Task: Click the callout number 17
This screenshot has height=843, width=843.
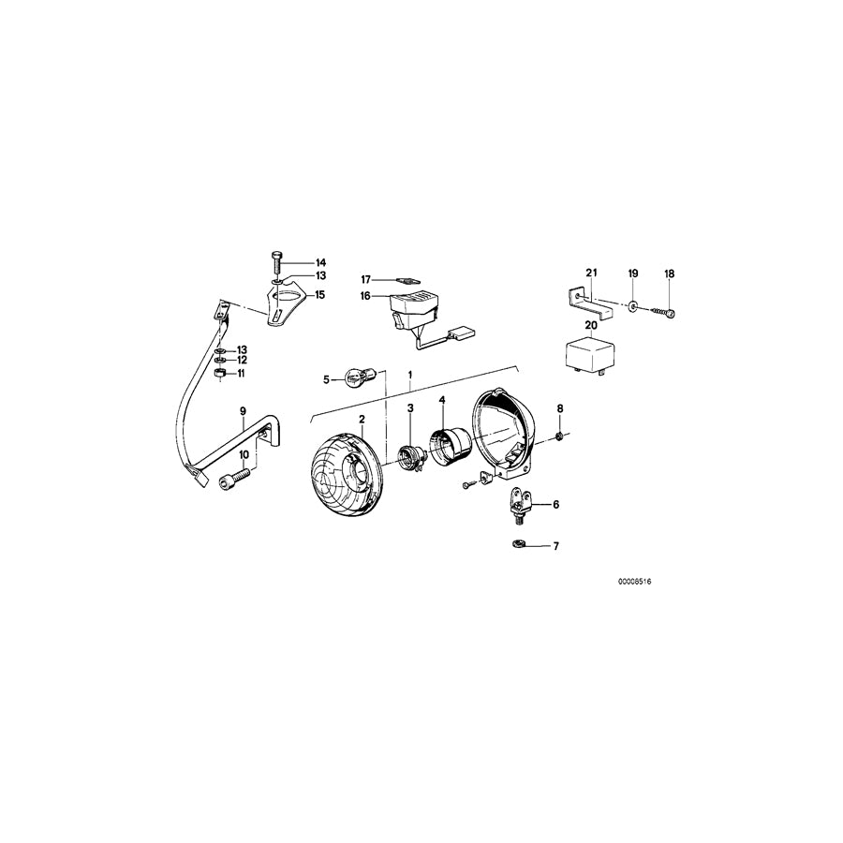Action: click(x=367, y=279)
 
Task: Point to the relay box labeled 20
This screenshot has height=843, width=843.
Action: click(x=589, y=355)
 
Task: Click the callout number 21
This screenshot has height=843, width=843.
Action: click(x=591, y=273)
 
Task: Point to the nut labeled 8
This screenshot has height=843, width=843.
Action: click(x=559, y=436)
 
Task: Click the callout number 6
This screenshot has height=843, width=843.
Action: click(x=555, y=505)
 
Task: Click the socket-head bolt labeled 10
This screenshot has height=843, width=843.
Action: click(x=229, y=481)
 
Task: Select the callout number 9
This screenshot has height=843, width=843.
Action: click(x=242, y=411)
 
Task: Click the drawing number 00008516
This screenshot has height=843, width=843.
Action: click(x=634, y=582)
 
